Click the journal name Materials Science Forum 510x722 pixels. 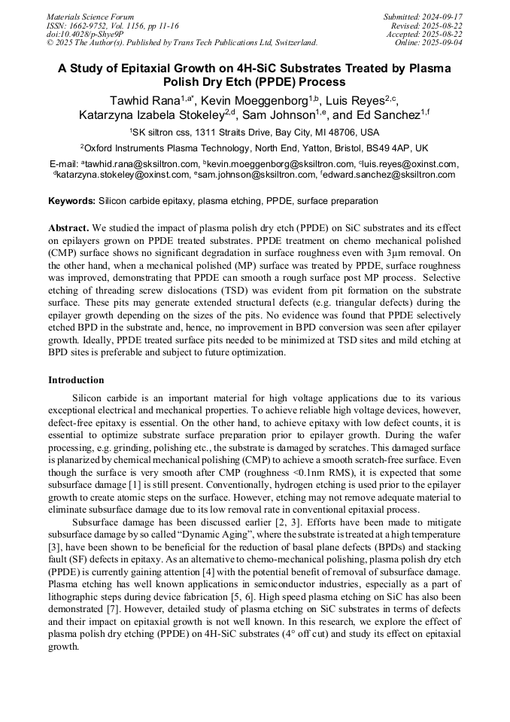tap(90, 17)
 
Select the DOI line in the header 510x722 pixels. tap(85, 34)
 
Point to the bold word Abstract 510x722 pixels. tap(69, 227)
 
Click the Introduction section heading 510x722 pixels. tap(76, 379)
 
